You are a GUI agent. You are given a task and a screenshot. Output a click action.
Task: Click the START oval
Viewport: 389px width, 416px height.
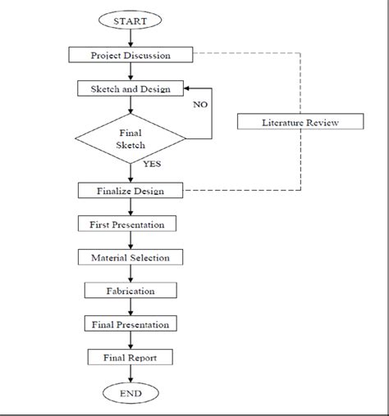pos(131,19)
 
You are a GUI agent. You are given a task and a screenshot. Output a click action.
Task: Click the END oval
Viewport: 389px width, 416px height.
pos(131,393)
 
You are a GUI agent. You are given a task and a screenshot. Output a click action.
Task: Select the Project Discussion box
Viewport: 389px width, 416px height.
pos(131,55)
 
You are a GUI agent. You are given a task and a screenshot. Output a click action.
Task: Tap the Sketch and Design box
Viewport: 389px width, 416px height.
pos(131,88)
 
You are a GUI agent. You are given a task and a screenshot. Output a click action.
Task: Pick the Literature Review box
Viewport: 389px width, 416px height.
pos(300,123)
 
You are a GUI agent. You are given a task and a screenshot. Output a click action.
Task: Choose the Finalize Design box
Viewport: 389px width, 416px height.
pos(131,190)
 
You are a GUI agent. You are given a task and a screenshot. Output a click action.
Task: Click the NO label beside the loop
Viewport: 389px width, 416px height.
pos(201,105)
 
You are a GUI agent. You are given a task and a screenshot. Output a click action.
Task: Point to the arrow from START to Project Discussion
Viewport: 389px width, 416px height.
pos(131,38)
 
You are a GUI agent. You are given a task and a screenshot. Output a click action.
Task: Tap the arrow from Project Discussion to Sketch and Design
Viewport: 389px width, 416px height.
pos(131,71)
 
